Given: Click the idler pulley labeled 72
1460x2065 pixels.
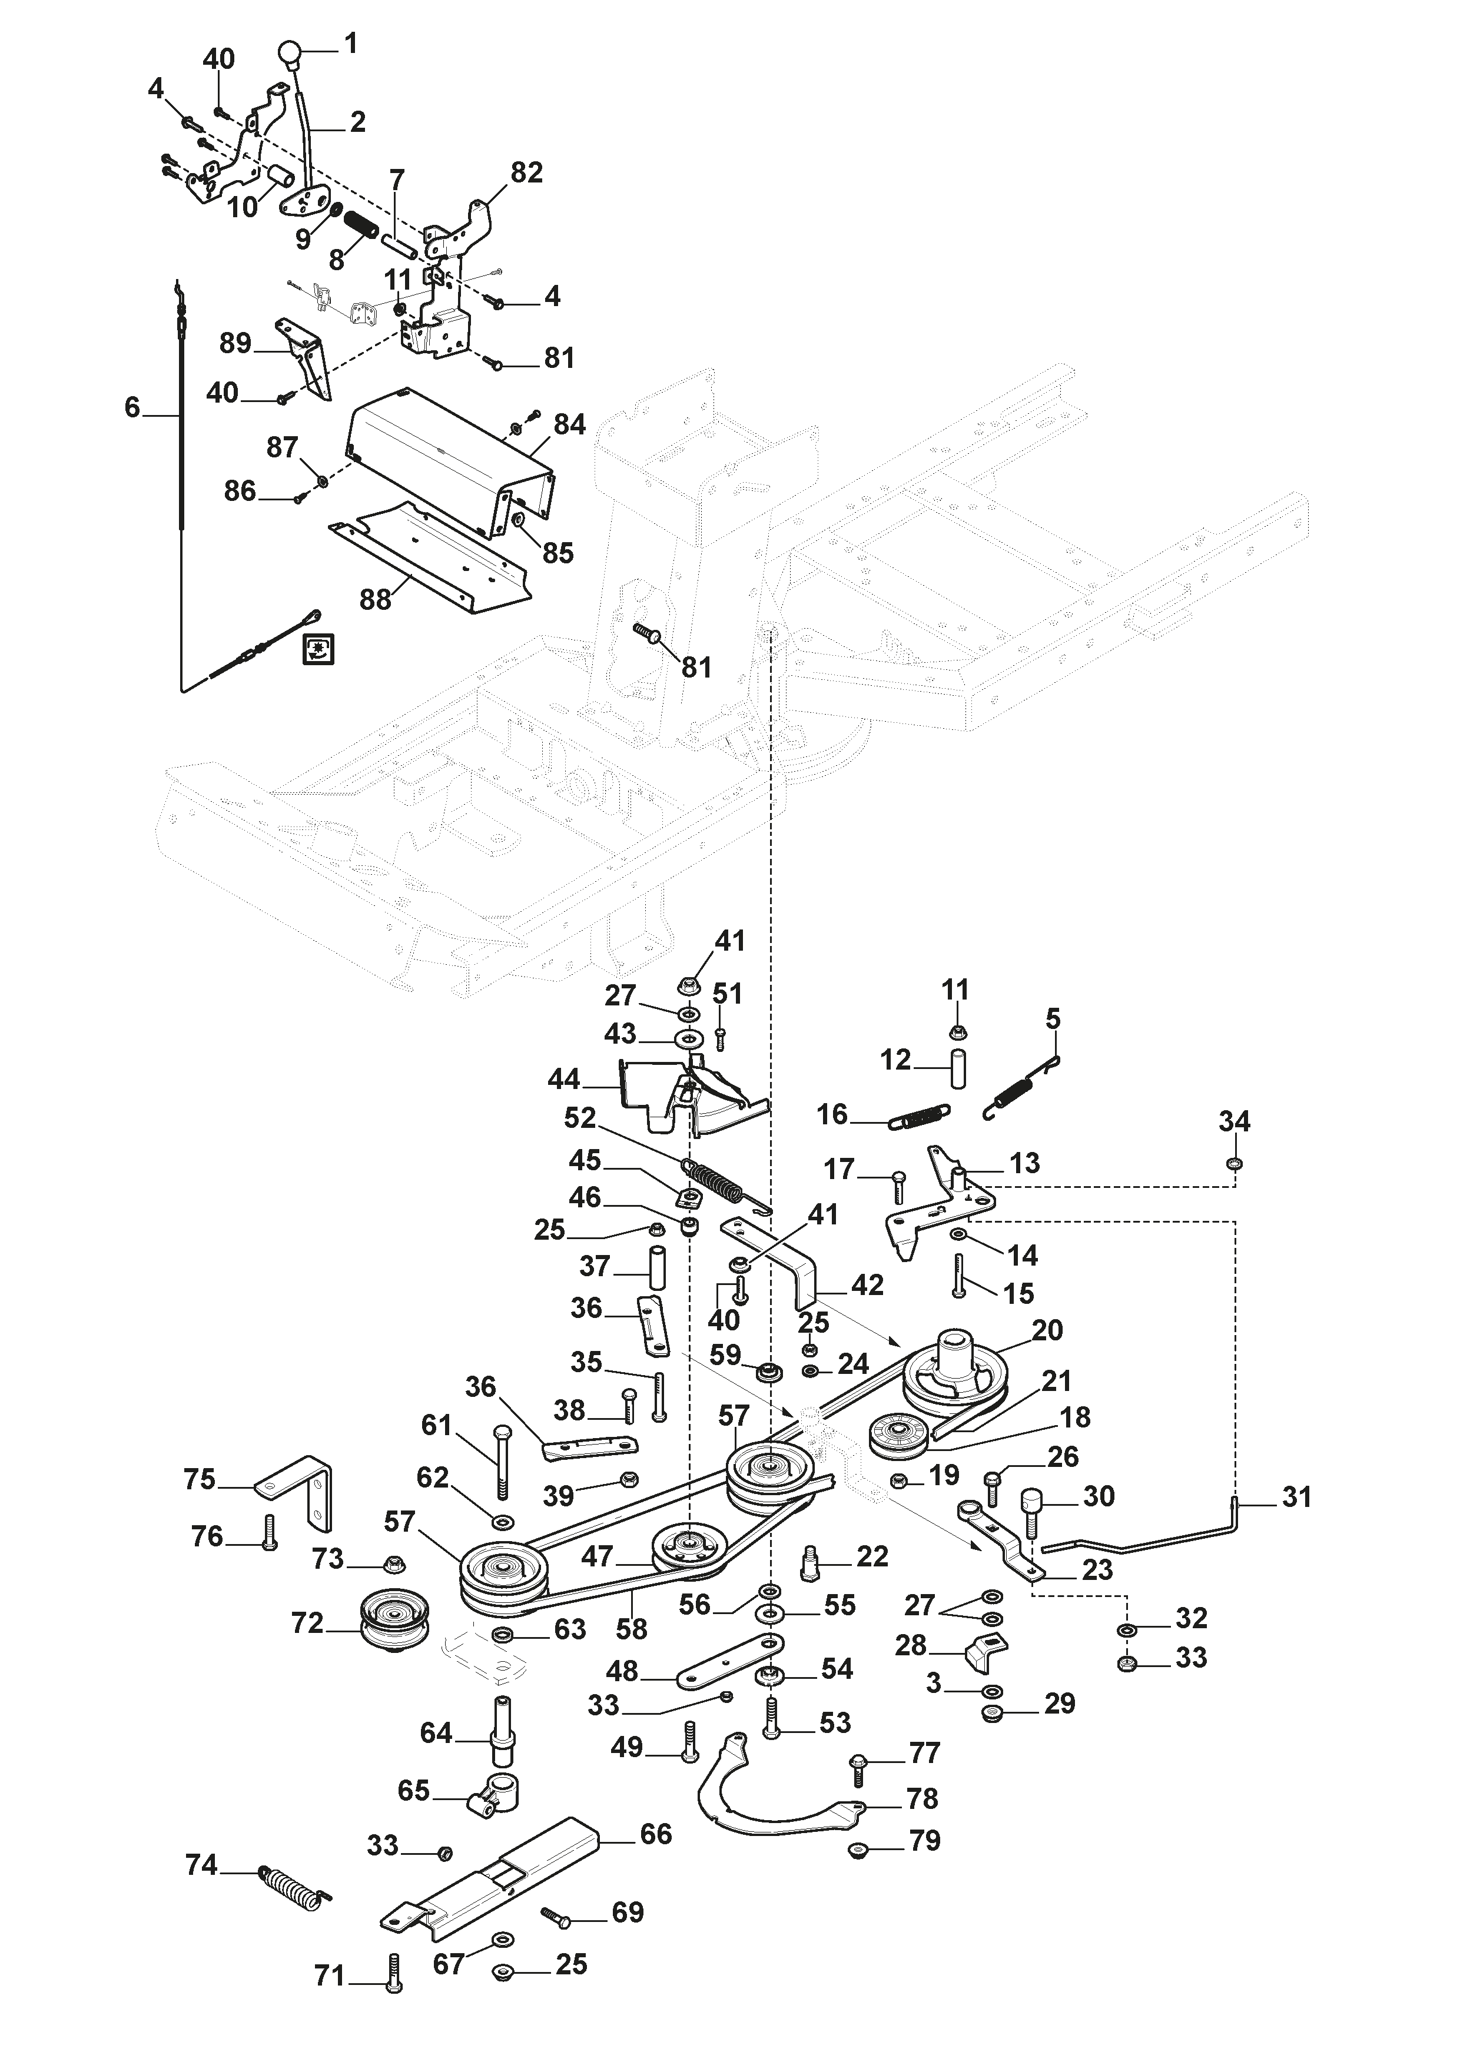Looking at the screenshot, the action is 394,1622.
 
